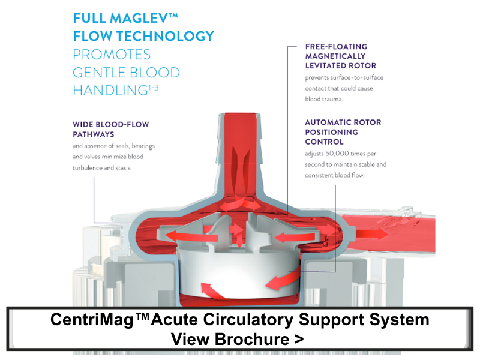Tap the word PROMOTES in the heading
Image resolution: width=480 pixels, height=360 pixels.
(112, 54)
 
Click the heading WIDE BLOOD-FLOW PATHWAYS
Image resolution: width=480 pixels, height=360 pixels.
(110, 129)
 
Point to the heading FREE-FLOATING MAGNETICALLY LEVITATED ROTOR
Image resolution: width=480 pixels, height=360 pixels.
(340, 56)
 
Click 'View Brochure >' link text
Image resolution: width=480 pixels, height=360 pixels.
(237, 338)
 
